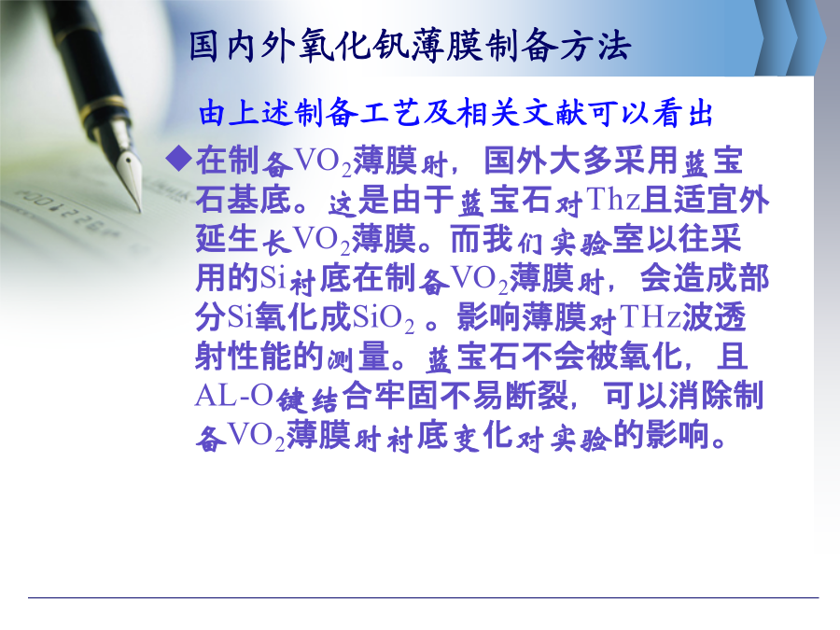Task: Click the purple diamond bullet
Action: (179, 158)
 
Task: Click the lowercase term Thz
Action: (613, 199)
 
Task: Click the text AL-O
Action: (234, 396)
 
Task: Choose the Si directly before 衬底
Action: (273, 277)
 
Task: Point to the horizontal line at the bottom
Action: (423, 597)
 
